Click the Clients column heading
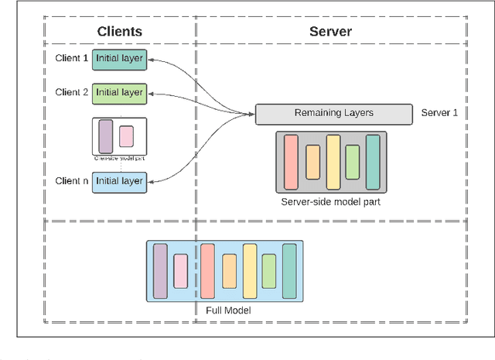click(x=119, y=32)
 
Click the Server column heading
click(x=330, y=32)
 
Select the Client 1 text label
click(x=72, y=59)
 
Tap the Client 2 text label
click(x=72, y=92)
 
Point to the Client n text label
click(x=72, y=180)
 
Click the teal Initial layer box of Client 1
click(x=119, y=59)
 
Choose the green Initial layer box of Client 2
click(x=119, y=93)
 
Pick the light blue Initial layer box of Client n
click(x=119, y=181)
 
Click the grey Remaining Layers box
click(x=333, y=113)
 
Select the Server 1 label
click(x=439, y=113)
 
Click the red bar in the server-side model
click(x=291, y=162)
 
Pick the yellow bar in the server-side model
click(x=333, y=162)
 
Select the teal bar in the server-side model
click(x=373, y=162)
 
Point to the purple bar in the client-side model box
click(x=106, y=136)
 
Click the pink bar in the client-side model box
click(x=126, y=138)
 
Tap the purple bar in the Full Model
click(x=160, y=271)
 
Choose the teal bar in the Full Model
click(x=289, y=271)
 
